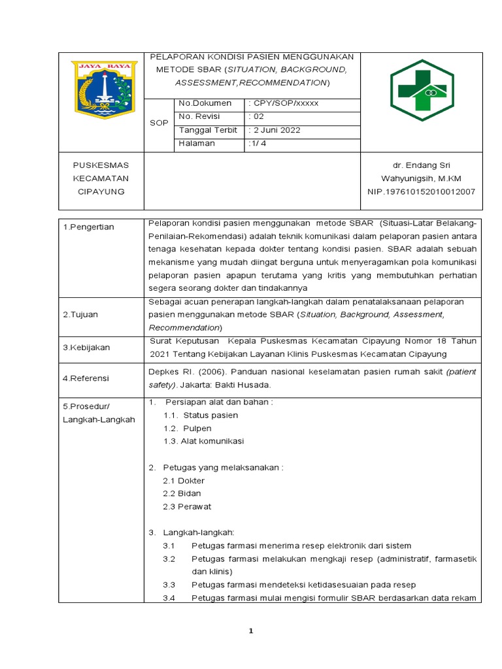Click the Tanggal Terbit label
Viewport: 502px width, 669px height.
coord(208,130)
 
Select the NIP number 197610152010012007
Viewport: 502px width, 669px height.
coord(422,191)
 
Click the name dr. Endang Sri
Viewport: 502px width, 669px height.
coord(422,165)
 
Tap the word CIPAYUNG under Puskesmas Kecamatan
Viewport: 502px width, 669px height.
coord(101,191)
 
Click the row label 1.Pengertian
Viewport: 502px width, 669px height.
coord(88,227)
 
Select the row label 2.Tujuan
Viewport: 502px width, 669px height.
coord(80,314)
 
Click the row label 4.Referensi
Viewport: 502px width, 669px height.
coord(86,378)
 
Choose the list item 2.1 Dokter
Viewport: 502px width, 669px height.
coord(184,480)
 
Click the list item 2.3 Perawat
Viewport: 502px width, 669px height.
coord(187,506)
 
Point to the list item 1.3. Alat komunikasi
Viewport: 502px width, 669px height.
coord(203,441)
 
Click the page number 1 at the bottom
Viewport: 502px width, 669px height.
coord(250,631)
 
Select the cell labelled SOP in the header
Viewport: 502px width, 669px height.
coord(159,123)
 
